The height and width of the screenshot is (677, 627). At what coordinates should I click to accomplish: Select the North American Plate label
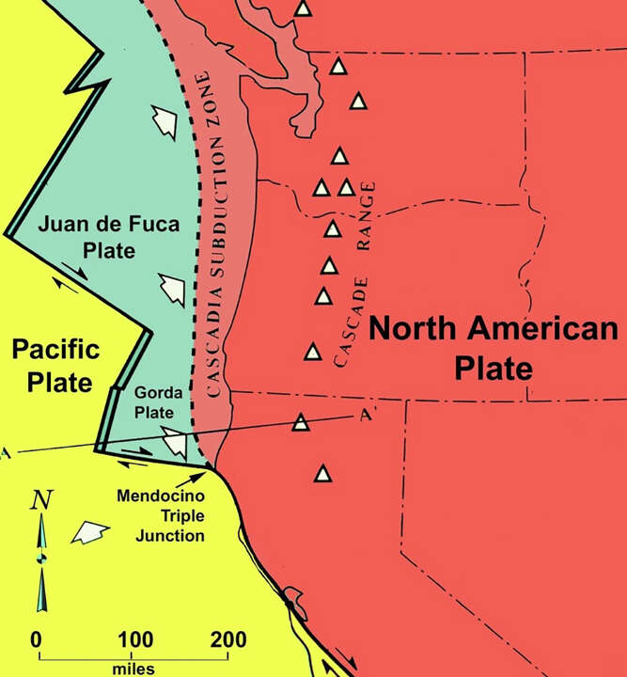point(494,348)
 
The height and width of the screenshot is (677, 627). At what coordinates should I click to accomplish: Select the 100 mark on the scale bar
point(131,640)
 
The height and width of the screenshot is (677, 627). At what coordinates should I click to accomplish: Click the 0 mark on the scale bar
point(37,640)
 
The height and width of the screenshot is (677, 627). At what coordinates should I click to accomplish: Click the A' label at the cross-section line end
point(368,415)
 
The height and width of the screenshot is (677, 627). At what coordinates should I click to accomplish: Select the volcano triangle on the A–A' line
point(301,421)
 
